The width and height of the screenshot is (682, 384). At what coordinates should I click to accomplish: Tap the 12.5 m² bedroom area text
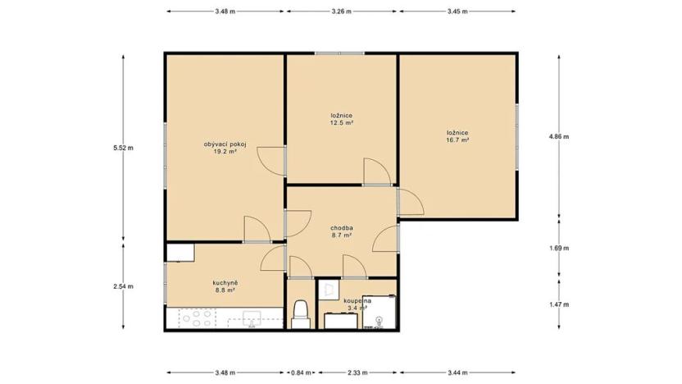(x=342, y=123)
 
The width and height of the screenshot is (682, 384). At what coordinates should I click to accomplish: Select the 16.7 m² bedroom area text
(x=457, y=140)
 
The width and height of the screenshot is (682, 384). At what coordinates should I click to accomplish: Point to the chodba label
(x=342, y=227)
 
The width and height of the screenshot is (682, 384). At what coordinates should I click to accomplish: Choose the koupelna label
(x=357, y=301)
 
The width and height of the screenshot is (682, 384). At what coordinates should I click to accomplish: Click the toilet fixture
(x=301, y=313)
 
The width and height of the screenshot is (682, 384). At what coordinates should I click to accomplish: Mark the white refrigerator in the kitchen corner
(x=180, y=252)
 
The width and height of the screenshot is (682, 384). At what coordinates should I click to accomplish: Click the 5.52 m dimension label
(x=123, y=148)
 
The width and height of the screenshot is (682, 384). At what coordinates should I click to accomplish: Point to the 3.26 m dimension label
(x=342, y=11)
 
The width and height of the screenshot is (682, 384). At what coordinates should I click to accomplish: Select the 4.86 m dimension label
(x=559, y=137)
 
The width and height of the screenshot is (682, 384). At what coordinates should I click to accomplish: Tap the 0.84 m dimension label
(x=301, y=373)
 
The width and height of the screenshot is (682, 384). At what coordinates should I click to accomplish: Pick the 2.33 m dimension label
(x=357, y=373)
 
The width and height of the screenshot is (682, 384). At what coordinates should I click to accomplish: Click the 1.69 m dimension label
(x=559, y=247)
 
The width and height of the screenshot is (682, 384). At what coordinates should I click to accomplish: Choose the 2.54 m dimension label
(x=123, y=286)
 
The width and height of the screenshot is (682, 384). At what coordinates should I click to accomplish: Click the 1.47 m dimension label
(x=559, y=304)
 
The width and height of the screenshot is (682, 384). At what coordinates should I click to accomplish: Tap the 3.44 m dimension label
(x=457, y=373)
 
